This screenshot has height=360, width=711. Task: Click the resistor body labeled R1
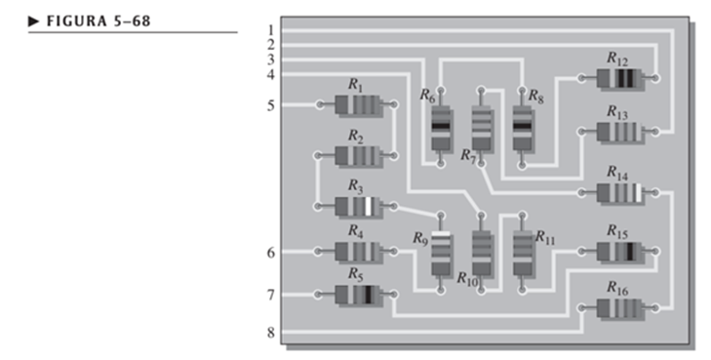click(357, 104)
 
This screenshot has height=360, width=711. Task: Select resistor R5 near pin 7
click(357, 295)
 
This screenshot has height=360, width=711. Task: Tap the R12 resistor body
click(618, 78)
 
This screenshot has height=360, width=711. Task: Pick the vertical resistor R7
click(482, 129)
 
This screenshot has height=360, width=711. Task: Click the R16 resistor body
click(618, 308)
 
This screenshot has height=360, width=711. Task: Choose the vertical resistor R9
click(441, 253)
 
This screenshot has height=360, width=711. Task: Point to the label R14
click(617, 174)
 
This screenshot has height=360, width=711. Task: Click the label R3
click(356, 185)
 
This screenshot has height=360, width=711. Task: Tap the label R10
click(467, 278)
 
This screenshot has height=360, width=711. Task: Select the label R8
click(536, 97)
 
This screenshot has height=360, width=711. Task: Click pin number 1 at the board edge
click(271, 30)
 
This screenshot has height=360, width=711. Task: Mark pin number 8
click(271, 333)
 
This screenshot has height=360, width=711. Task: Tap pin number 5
click(271, 105)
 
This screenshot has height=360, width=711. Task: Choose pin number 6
click(271, 253)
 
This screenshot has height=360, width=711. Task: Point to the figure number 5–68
click(132, 21)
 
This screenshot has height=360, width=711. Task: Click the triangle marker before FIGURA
click(34, 21)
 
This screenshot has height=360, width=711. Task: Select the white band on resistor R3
click(369, 206)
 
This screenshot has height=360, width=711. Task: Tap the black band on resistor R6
click(441, 126)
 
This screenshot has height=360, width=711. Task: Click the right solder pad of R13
click(654, 132)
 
